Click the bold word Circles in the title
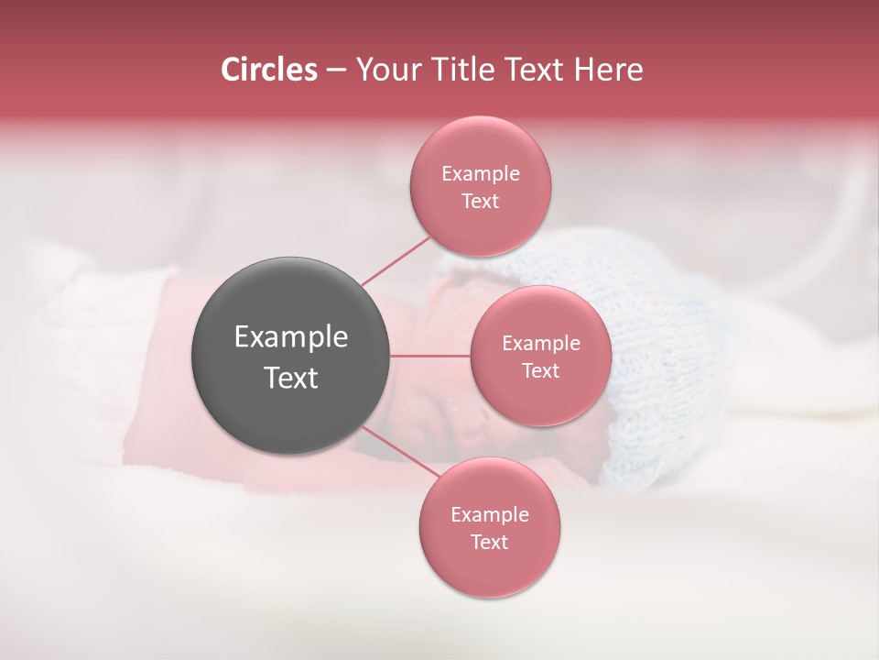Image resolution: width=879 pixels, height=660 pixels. [x=269, y=70]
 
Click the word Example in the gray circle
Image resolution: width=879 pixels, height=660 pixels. [x=291, y=337]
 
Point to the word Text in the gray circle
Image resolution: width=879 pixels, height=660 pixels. [x=291, y=378]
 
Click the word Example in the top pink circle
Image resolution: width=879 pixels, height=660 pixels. [x=481, y=174]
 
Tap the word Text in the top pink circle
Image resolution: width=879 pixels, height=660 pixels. [x=481, y=202]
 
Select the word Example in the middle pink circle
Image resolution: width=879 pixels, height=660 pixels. [x=541, y=344]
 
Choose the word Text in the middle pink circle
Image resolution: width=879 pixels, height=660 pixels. [x=541, y=371]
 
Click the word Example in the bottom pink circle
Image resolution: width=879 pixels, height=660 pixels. [x=490, y=514]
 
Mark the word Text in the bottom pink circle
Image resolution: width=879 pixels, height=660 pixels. [x=490, y=542]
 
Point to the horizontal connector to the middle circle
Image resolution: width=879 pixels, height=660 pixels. [x=429, y=356]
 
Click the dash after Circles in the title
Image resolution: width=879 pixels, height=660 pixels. [x=335, y=70]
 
